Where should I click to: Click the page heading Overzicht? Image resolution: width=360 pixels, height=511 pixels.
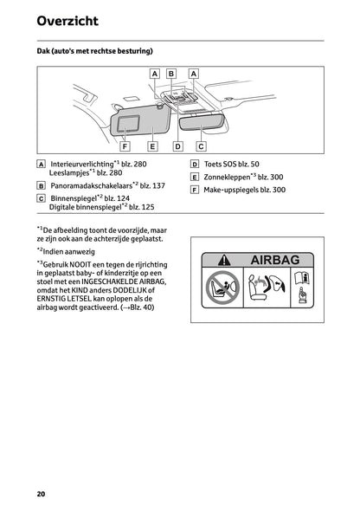tap(67, 21)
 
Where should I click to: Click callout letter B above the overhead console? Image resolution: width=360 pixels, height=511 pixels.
tap(171, 74)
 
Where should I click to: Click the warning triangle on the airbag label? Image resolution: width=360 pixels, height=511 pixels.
tap(225, 260)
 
